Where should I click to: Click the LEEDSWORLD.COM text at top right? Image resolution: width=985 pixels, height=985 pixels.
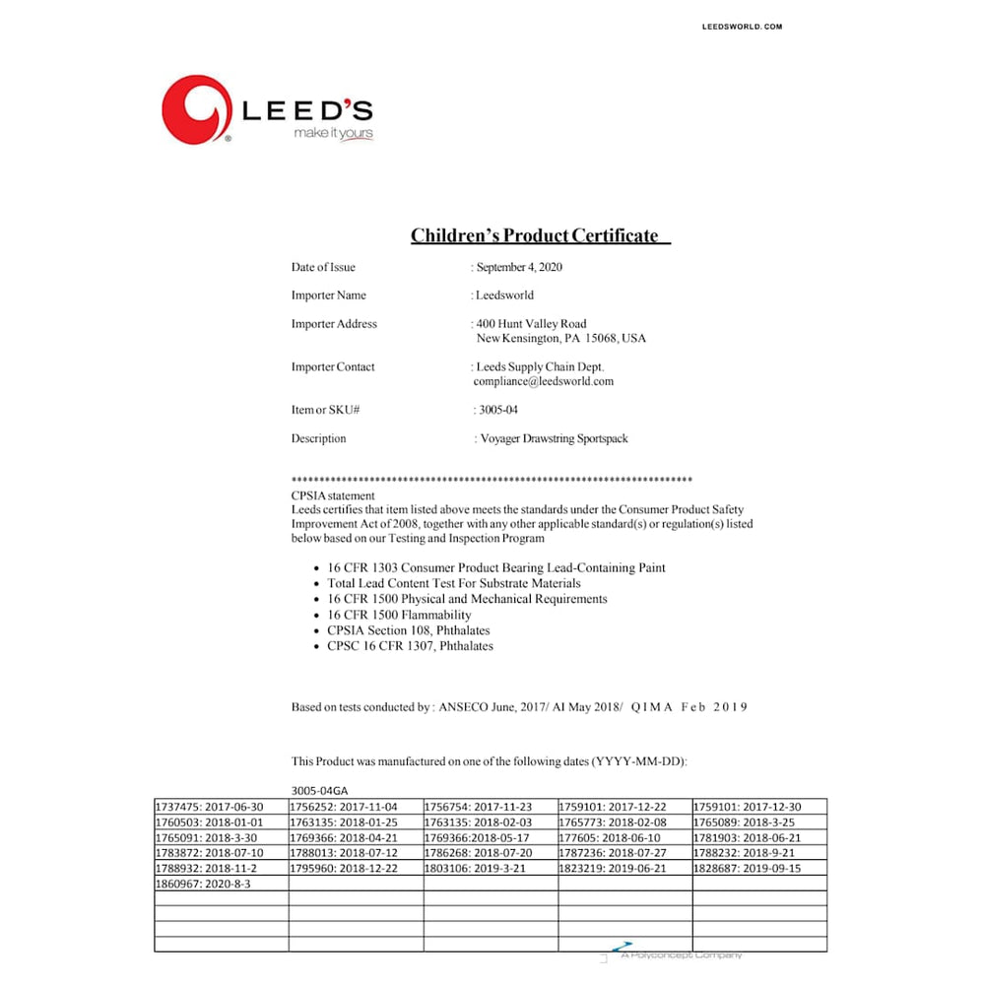tap(742, 27)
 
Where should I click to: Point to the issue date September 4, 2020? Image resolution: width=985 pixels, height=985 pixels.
tap(519, 267)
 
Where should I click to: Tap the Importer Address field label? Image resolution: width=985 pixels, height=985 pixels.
tap(334, 324)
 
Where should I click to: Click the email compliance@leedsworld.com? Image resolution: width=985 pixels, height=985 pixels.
tap(544, 381)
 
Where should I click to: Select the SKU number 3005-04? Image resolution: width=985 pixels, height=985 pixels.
tap(497, 410)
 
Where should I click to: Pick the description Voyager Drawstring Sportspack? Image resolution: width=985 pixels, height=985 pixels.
tap(553, 438)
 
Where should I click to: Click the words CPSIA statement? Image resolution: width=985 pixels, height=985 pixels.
tap(333, 495)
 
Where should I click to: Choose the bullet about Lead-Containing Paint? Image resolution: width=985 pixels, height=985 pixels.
tap(496, 568)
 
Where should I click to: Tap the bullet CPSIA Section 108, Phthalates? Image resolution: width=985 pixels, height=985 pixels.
tap(409, 630)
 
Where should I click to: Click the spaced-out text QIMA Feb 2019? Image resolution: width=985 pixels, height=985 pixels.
tap(689, 707)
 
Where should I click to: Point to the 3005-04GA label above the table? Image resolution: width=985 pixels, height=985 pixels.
tap(319, 790)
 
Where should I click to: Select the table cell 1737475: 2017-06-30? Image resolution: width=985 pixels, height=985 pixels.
tap(211, 807)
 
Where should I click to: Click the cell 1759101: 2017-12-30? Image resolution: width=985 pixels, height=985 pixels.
tap(748, 807)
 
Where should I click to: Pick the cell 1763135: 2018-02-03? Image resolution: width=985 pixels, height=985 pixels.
tap(479, 822)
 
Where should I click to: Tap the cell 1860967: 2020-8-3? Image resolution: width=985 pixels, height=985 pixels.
tap(203, 885)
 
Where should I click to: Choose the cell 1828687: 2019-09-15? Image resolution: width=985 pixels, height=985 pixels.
tap(748, 869)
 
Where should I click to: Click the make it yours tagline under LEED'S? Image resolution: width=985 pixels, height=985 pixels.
tap(333, 133)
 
